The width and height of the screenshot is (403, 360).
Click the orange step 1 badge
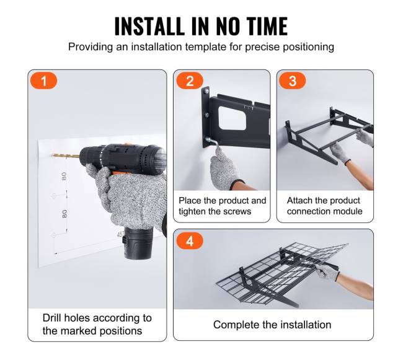pos(43,81)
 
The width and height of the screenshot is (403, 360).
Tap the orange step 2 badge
pos(190,81)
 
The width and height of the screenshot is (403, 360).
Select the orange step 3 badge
pos(293,81)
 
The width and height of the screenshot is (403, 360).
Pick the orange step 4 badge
pos(190,241)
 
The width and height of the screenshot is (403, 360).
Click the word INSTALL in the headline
pos(149,26)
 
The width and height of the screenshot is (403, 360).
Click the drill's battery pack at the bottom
pos(137,243)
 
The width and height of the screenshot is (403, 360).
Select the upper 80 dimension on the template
pos(64,176)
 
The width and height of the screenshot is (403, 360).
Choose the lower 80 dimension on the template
pos(64,214)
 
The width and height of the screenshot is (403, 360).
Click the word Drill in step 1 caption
pos(52,318)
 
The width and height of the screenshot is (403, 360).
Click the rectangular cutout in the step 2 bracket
pos(232,118)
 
